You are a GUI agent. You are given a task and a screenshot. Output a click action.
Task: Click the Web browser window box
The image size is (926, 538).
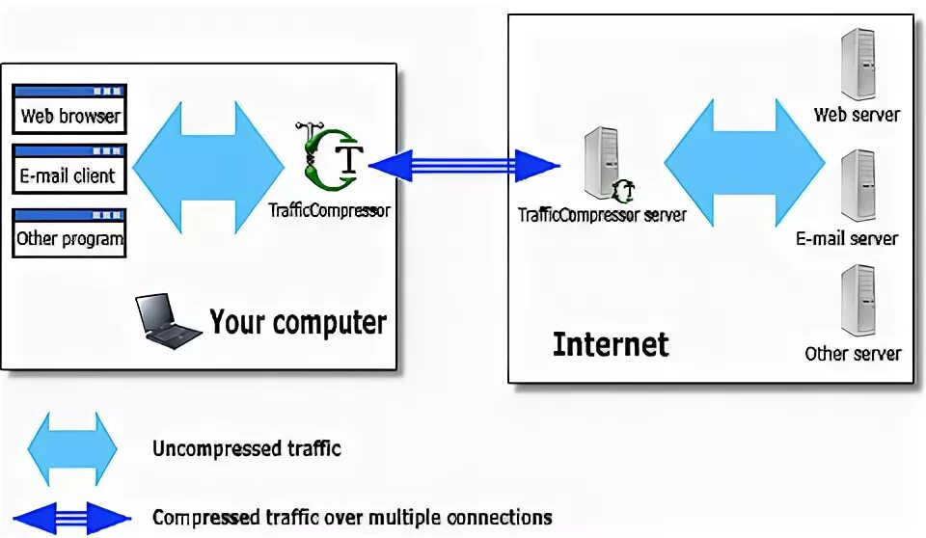coord(69,109)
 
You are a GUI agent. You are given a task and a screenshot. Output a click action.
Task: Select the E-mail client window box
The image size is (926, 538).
coord(69,169)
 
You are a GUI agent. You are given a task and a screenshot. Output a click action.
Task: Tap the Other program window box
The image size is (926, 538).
coord(69,231)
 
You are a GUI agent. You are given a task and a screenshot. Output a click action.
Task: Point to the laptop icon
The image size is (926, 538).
coord(167,321)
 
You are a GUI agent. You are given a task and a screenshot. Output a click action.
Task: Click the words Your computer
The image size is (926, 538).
coord(298,322)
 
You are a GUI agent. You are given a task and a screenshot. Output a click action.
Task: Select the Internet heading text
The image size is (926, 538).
coord(611,343)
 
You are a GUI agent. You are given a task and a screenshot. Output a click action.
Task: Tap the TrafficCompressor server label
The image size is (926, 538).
coord(602,214)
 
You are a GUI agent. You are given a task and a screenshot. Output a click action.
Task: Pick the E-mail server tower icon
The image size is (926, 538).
coord(857,186)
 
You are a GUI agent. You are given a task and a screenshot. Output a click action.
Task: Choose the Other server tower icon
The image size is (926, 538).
coord(857,302)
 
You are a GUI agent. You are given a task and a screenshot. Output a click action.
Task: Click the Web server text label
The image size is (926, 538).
coord(857,115)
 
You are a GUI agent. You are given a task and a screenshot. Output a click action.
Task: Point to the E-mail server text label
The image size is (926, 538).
coord(847,238)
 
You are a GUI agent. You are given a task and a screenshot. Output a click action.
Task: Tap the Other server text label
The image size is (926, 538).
coord(853,354)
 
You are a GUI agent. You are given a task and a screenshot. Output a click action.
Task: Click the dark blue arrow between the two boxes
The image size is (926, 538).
coord(463,166)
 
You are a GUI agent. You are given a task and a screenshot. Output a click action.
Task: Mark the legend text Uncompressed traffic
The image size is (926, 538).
coord(247,448)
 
